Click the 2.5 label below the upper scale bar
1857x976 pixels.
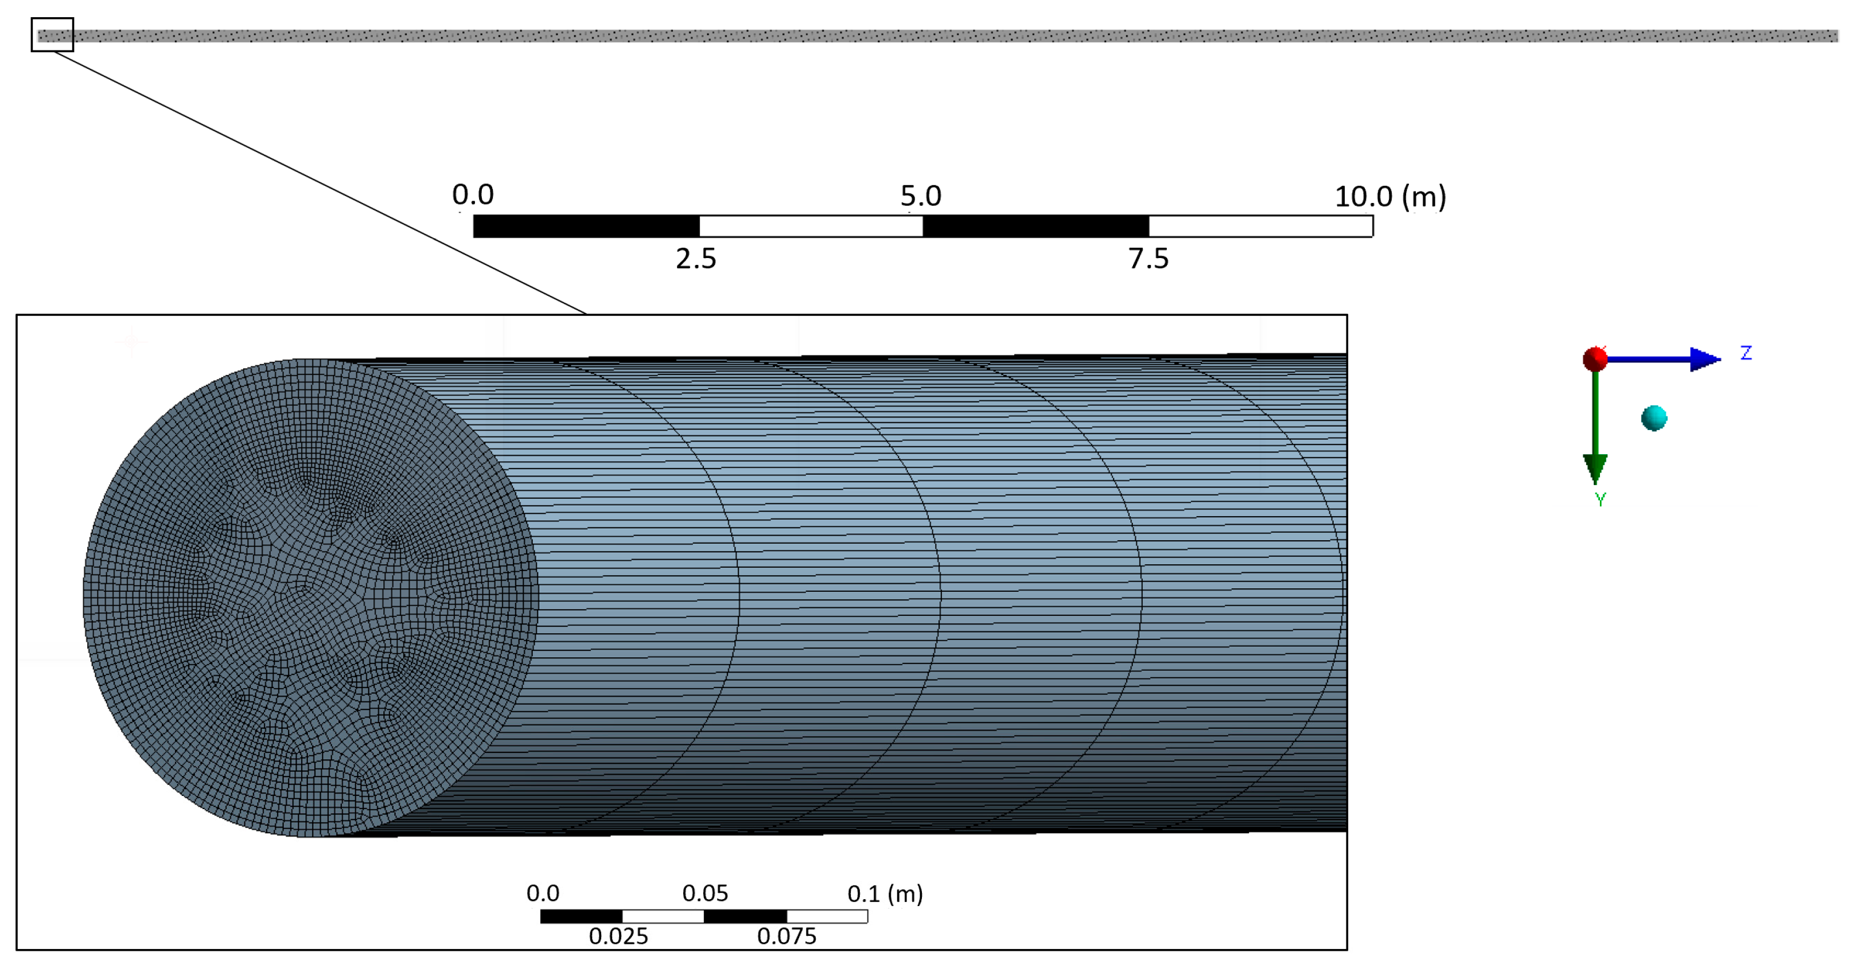[x=696, y=259]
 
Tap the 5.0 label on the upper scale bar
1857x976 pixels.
[x=921, y=196]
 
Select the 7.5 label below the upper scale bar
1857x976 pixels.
[x=1149, y=259]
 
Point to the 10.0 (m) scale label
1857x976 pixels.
[x=1390, y=196]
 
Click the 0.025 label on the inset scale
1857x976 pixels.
[x=618, y=936]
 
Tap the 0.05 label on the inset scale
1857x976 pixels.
[x=705, y=894]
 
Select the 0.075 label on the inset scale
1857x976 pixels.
[x=787, y=936]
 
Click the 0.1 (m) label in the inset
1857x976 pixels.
[x=885, y=894]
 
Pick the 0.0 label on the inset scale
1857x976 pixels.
[x=543, y=894]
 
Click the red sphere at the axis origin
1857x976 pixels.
[x=1595, y=359]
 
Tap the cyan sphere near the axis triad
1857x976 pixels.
[x=1654, y=418]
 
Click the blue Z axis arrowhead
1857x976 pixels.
[x=1704, y=359]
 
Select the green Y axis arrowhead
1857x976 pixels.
[x=1595, y=469]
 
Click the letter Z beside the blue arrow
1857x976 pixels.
[x=1746, y=353]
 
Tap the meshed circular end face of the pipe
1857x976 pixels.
[x=310, y=598]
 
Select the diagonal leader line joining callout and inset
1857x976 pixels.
[x=317, y=182]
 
